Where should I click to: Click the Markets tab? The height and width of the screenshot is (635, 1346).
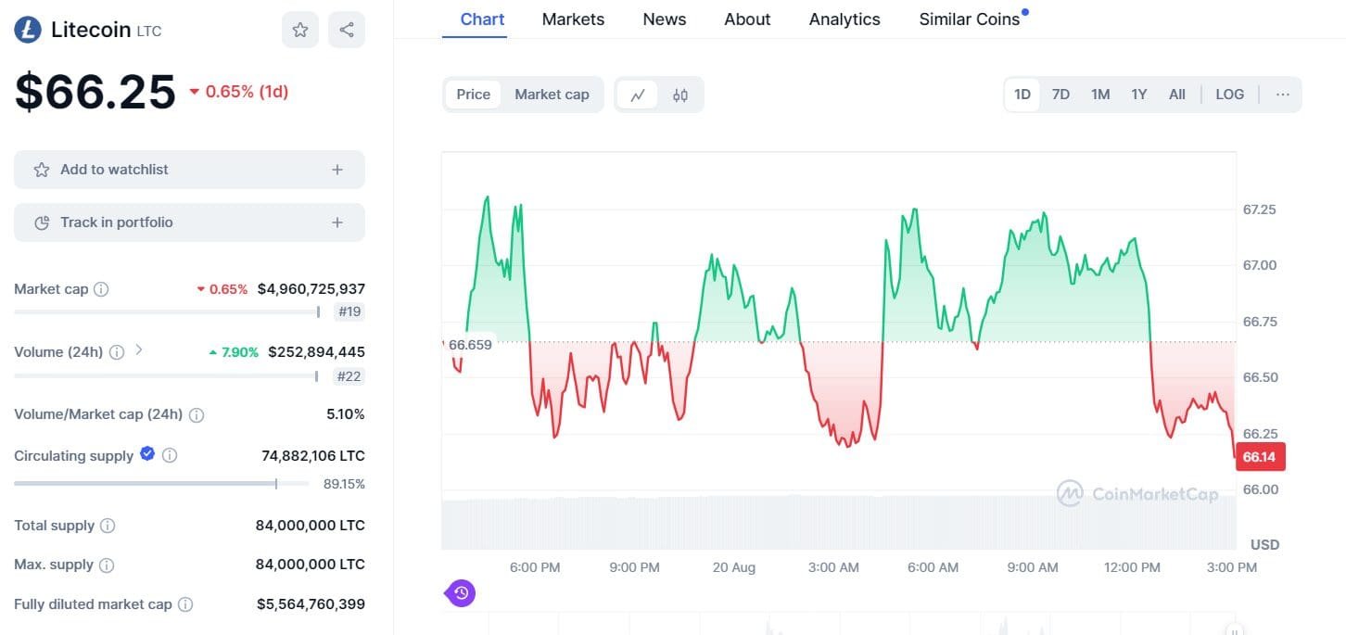573,19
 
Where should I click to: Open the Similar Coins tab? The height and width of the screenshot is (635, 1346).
970,19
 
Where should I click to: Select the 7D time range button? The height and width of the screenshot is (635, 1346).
1060,95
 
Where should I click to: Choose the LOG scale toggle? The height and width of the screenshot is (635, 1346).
1229,95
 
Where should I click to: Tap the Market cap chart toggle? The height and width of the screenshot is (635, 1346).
552,95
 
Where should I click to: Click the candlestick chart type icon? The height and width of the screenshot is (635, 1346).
680,95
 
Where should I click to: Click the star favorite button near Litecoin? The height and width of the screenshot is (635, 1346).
300,30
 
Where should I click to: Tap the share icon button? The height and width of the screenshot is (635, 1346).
347,30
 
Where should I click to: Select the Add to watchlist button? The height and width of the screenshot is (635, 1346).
189,170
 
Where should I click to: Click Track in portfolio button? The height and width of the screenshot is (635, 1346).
189,222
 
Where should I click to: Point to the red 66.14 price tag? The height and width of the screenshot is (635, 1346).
1259,457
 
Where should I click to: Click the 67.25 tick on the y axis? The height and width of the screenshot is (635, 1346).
1259,210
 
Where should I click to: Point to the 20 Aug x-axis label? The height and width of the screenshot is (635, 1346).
734,567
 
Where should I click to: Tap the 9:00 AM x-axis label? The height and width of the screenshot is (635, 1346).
1033,567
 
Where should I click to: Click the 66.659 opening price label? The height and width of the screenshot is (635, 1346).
470,344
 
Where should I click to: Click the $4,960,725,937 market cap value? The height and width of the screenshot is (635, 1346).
311,289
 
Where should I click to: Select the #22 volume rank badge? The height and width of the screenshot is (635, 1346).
349,376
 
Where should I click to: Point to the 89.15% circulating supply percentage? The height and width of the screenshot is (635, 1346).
343,484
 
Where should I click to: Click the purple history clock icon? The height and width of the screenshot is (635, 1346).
462,592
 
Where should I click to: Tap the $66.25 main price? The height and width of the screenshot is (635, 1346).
95,92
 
